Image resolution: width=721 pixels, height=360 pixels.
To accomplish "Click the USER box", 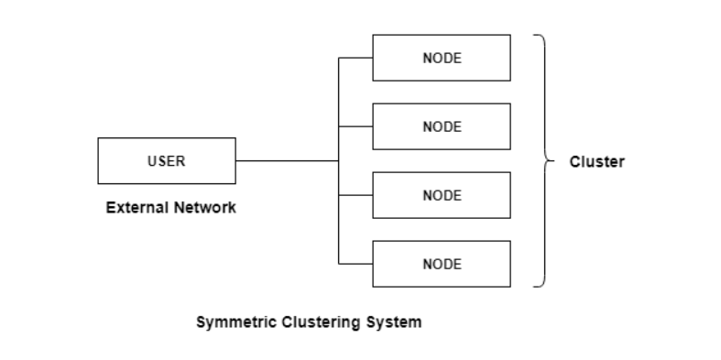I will (166, 161).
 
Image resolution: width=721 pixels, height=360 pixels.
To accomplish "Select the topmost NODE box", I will (441, 58).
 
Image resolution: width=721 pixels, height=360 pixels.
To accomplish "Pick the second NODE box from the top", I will (441, 126).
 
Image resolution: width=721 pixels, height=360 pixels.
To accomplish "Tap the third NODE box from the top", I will (441, 195).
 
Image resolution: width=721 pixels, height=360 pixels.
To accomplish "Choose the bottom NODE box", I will (441, 264).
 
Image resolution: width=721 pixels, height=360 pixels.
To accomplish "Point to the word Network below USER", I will (203, 208).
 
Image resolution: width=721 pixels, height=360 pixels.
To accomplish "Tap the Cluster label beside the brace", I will (596, 162).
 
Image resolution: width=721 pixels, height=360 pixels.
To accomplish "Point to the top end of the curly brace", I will (535, 36).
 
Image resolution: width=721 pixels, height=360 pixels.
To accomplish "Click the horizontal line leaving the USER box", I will (286, 161).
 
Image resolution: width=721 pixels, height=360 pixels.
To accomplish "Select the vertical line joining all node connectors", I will (339, 110).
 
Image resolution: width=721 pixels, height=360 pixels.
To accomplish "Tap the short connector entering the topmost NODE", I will (355, 58).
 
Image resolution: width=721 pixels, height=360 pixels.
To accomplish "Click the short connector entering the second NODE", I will (355, 126).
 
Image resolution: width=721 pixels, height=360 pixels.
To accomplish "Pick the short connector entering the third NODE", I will (355, 195).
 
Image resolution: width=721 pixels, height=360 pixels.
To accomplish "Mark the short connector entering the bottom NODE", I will (355, 264).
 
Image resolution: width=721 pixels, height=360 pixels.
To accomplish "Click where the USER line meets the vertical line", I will (339, 161).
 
